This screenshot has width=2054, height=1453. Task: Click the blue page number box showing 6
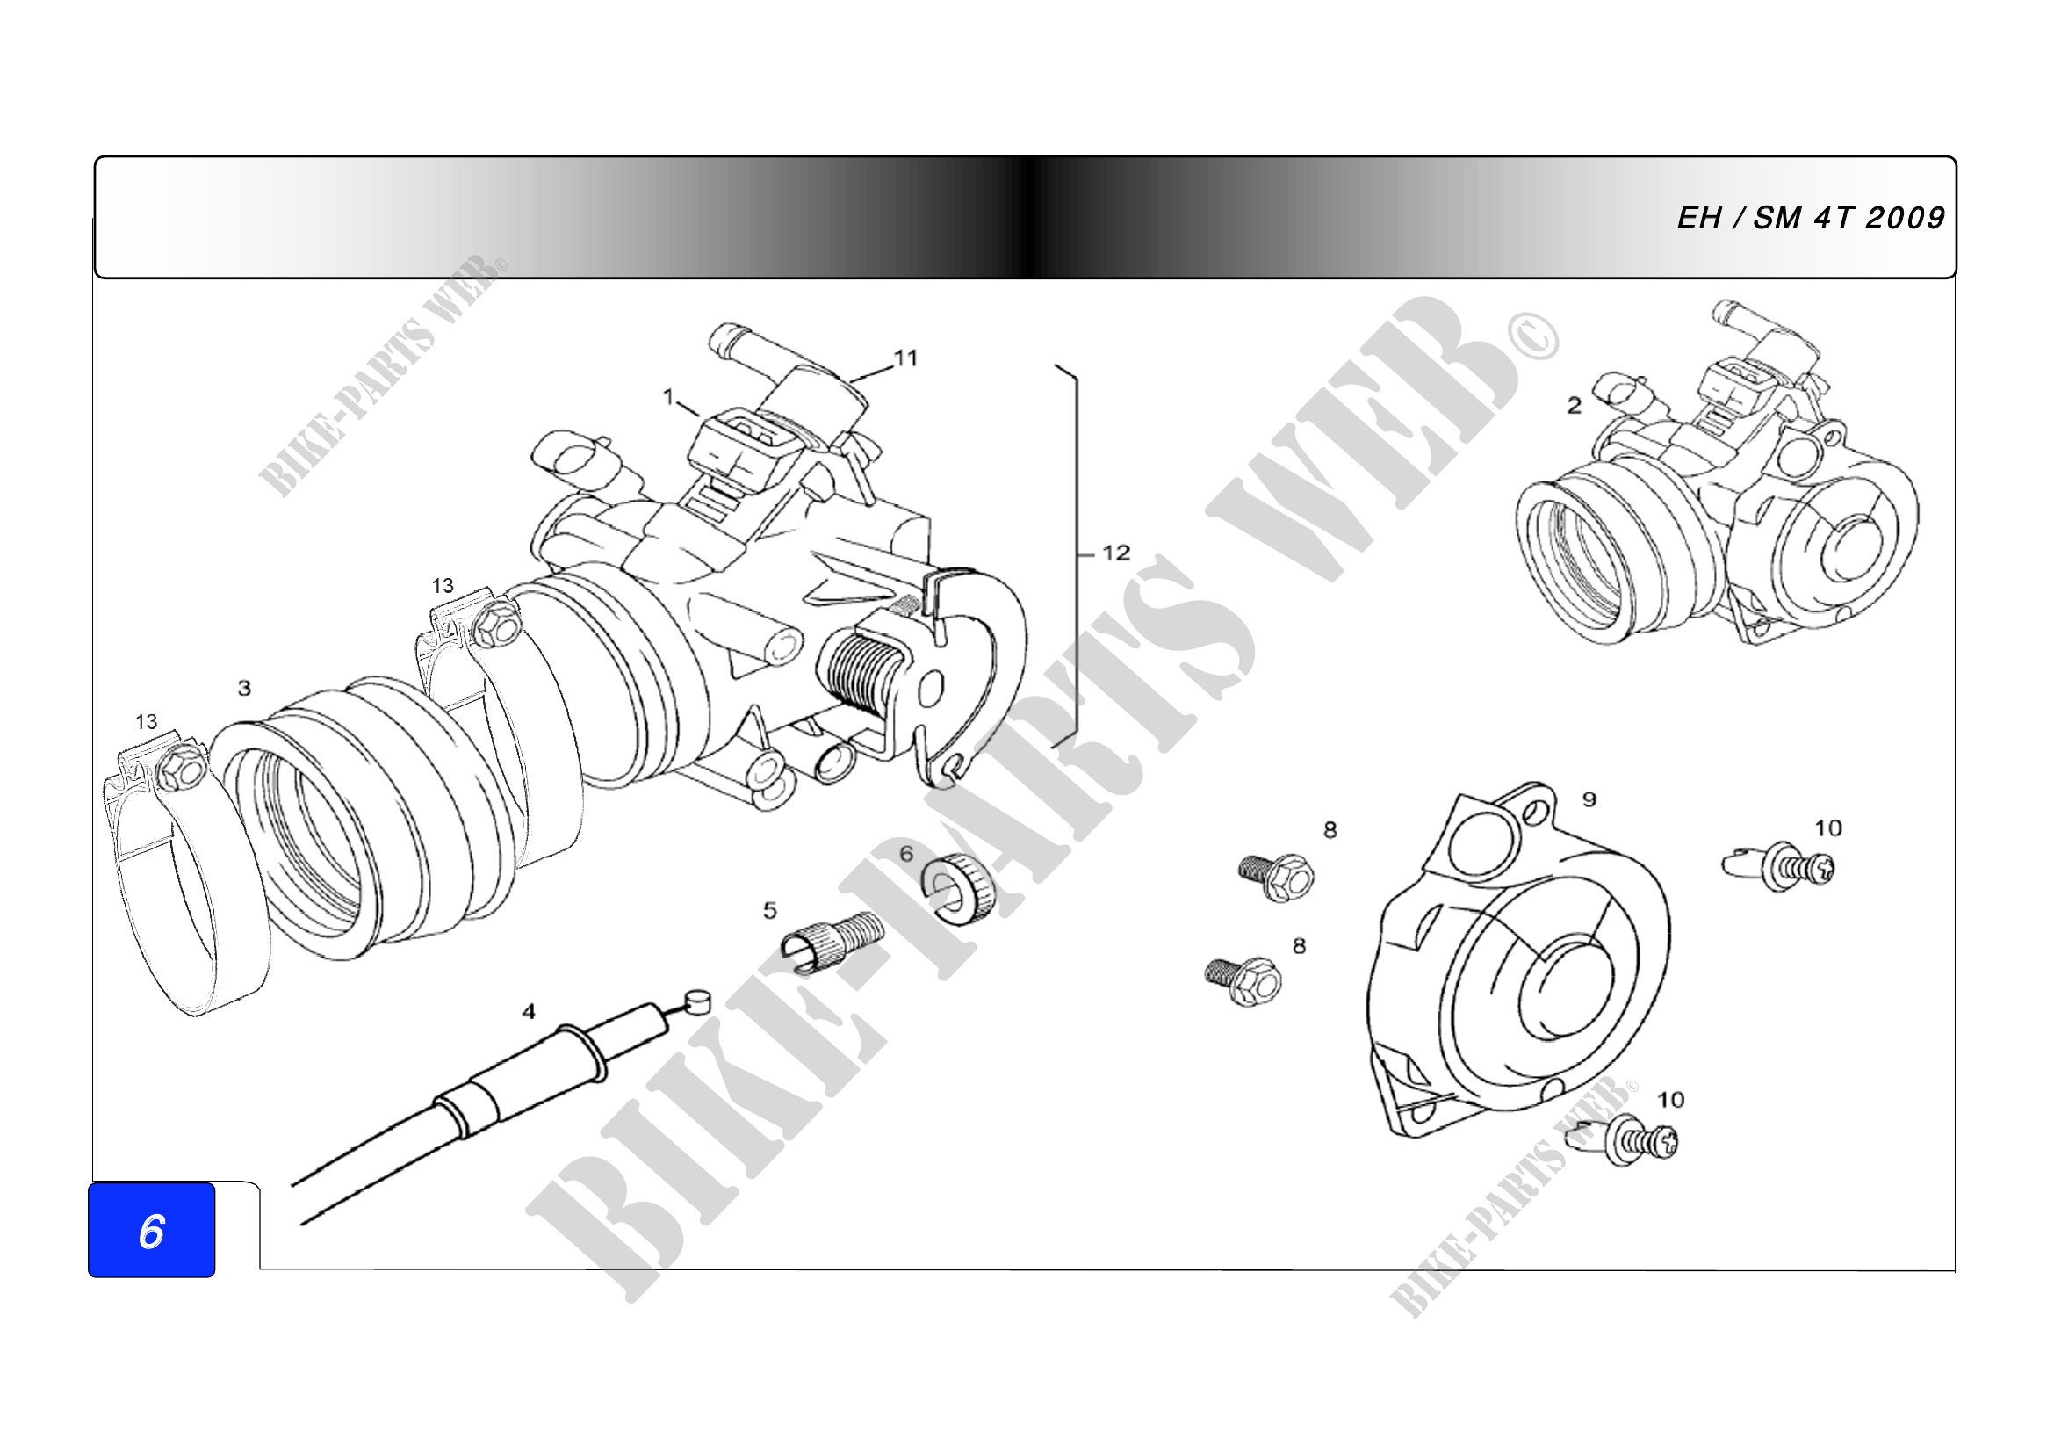tap(151, 1230)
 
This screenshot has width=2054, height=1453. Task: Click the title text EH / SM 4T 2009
tap(1810, 217)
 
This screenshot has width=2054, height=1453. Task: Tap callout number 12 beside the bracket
tap(1116, 553)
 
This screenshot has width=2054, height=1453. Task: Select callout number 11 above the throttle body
tap(906, 358)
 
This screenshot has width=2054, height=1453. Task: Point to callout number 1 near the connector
tap(668, 396)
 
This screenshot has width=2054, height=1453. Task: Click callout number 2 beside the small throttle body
tap(1575, 405)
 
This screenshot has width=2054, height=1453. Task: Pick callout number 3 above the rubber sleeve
tap(244, 688)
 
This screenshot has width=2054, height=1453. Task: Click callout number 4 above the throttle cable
tap(529, 1011)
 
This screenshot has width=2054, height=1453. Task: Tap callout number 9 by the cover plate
tap(1589, 799)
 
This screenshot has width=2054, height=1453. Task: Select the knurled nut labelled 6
tap(959, 889)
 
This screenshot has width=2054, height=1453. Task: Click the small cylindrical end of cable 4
tap(697, 1001)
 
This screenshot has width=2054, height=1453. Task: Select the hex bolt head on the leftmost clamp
tap(180, 769)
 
